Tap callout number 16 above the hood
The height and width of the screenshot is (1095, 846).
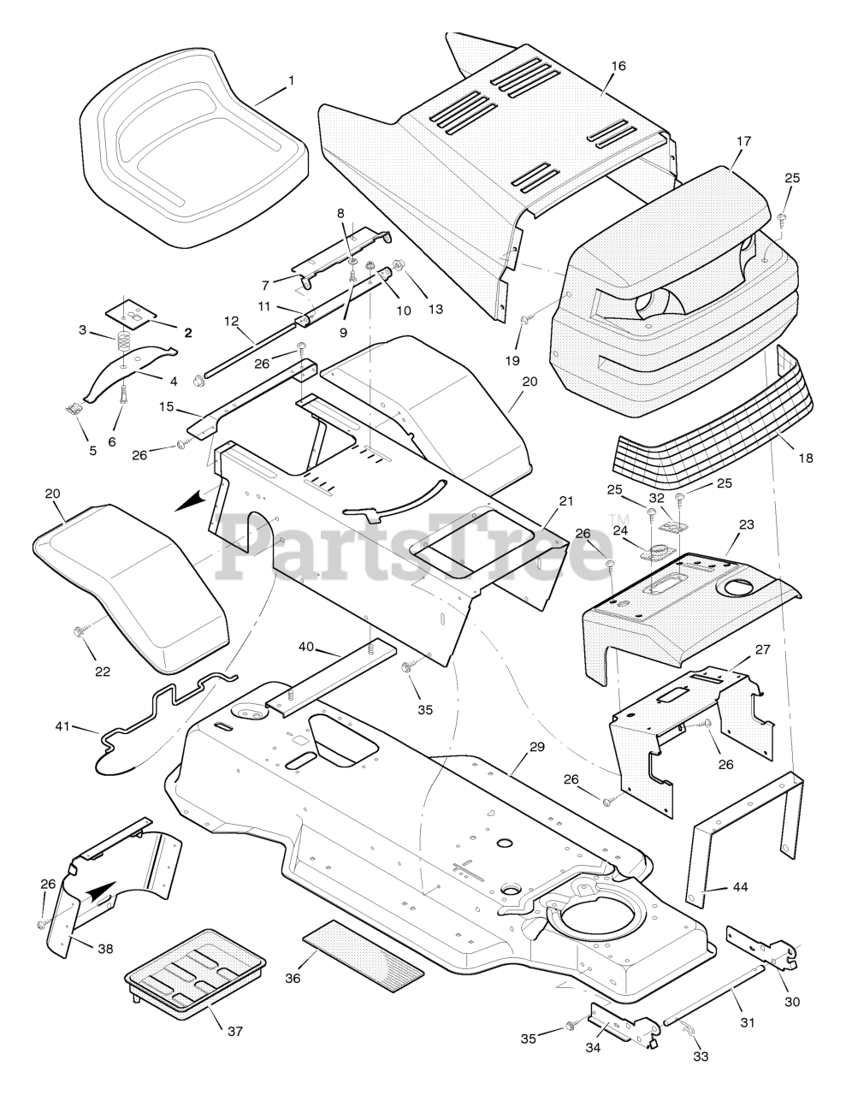coord(619,66)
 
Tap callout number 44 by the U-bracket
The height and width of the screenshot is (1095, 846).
coord(740,887)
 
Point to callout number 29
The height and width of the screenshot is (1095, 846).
coord(537,747)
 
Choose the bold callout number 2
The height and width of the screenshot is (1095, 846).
coord(188,332)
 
